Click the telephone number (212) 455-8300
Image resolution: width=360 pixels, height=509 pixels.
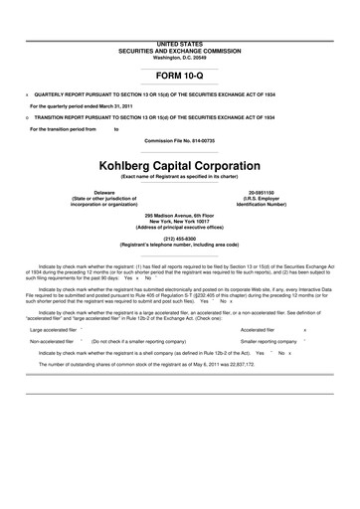(180, 239)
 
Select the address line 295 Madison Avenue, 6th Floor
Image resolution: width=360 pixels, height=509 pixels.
(180, 216)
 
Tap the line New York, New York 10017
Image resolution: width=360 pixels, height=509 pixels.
(180, 222)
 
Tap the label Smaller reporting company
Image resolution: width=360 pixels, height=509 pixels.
(267, 341)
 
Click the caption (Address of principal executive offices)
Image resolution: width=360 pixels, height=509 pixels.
(180, 228)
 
